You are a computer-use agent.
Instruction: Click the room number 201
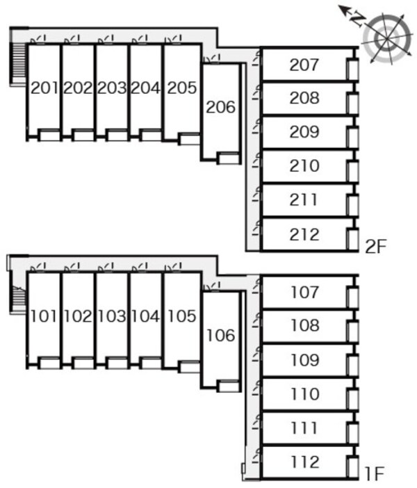click(x=44, y=88)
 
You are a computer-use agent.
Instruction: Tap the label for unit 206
click(x=221, y=107)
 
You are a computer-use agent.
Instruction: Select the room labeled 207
click(x=304, y=65)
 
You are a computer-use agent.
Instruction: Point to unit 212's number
click(x=304, y=234)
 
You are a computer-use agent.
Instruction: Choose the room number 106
click(x=221, y=336)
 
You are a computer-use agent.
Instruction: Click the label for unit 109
click(x=304, y=360)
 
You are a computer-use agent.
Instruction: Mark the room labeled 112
click(x=304, y=462)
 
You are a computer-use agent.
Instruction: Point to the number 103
click(x=111, y=317)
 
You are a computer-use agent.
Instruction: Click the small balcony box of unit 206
click(x=227, y=158)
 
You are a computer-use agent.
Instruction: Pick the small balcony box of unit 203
click(x=117, y=135)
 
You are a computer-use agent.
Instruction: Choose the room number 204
click(x=145, y=88)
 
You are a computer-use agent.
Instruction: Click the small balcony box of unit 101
click(x=49, y=362)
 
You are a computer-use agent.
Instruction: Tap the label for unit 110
click(x=304, y=394)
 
